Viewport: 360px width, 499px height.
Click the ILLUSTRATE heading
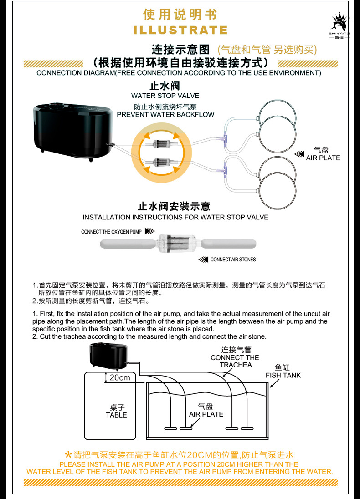click(x=180, y=31)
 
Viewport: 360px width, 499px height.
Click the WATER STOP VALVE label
click(x=165, y=96)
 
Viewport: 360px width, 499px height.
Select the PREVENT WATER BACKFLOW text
click(x=165, y=114)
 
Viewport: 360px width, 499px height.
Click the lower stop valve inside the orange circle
click(x=163, y=161)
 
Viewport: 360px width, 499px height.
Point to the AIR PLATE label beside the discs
click(x=323, y=158)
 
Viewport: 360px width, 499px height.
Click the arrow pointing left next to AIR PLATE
click(x=299, y=154)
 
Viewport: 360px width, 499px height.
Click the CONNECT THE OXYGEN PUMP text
click(x=111, y=232)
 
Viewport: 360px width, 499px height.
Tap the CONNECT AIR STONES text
click(x=233, y=260)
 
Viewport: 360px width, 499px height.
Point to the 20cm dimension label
click(x=119, y=377)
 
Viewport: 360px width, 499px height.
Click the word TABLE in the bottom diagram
click(x=116, y=415)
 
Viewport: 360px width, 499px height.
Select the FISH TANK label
click(x=283, y=375)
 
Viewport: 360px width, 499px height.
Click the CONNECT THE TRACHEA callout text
click(x=235, y=361)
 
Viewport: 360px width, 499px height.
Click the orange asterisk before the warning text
click(x=68, y=454)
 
